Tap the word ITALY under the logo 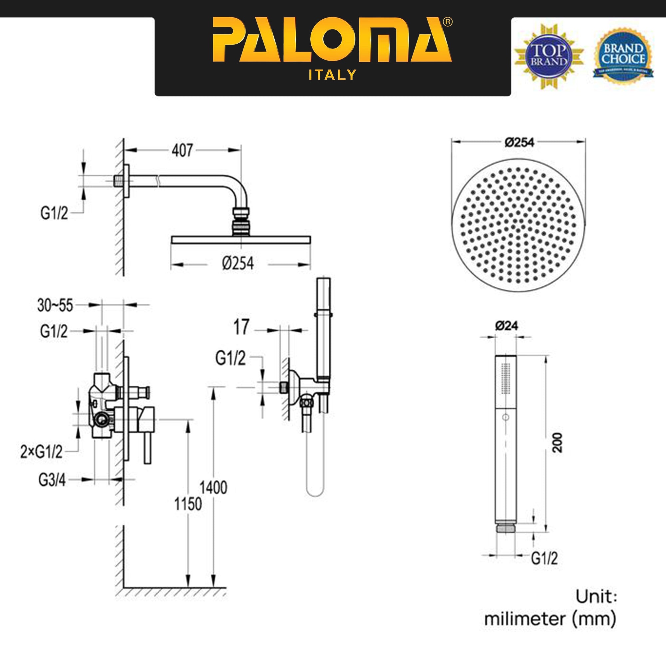(332, 75)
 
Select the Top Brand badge (549, 56)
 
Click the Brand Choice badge (624, 56)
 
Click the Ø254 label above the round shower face (519, 142)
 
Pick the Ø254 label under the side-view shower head (238, 264)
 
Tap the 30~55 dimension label (55, 305)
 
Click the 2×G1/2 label (41, 452)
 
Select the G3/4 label (52, 480)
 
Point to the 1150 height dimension (188, 504)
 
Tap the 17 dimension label (241, 327)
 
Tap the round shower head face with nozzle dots (518, 226)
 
